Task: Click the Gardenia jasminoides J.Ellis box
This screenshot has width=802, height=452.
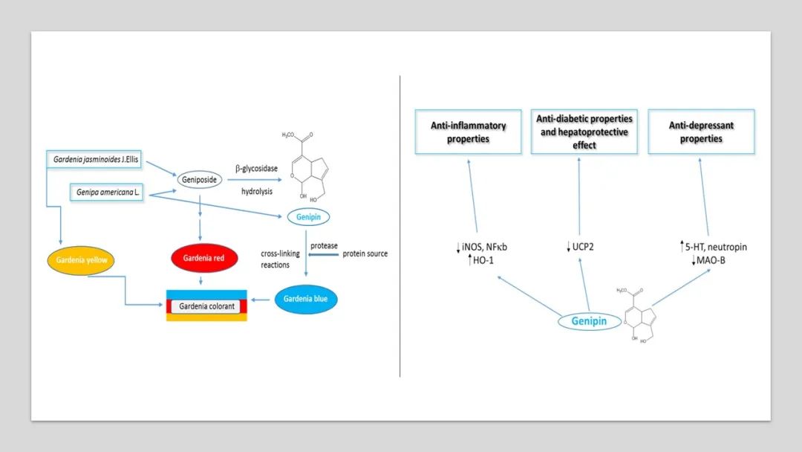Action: pyautogui.click(x=97, y=158)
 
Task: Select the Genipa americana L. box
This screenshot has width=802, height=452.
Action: pyautogui.click(x=107, y=192)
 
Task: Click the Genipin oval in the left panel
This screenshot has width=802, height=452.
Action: pyautogui.click(x=308, y=217)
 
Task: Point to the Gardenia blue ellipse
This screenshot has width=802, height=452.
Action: pyautogui.click(x=306, y=299)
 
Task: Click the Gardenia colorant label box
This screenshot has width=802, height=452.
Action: pyautogui.click(x=206, y=306)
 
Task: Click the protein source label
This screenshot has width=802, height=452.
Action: pyautogui.click(x=365, y=254)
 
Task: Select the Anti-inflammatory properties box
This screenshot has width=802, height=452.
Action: pyautogui.click(x=468, y=132)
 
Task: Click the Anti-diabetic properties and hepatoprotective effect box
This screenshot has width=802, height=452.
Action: pyautogui.click(x=584, y=132)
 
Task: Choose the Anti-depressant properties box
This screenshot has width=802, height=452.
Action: pyautogui.click(x=701, y=132)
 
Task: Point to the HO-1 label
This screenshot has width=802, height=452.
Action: pyautogui.click(x=483, y=259)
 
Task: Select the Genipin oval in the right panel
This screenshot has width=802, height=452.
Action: pyautogui.click(x=589, y=321)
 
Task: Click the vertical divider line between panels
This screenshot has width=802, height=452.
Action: pyautogui.click(x=400, y=223)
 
